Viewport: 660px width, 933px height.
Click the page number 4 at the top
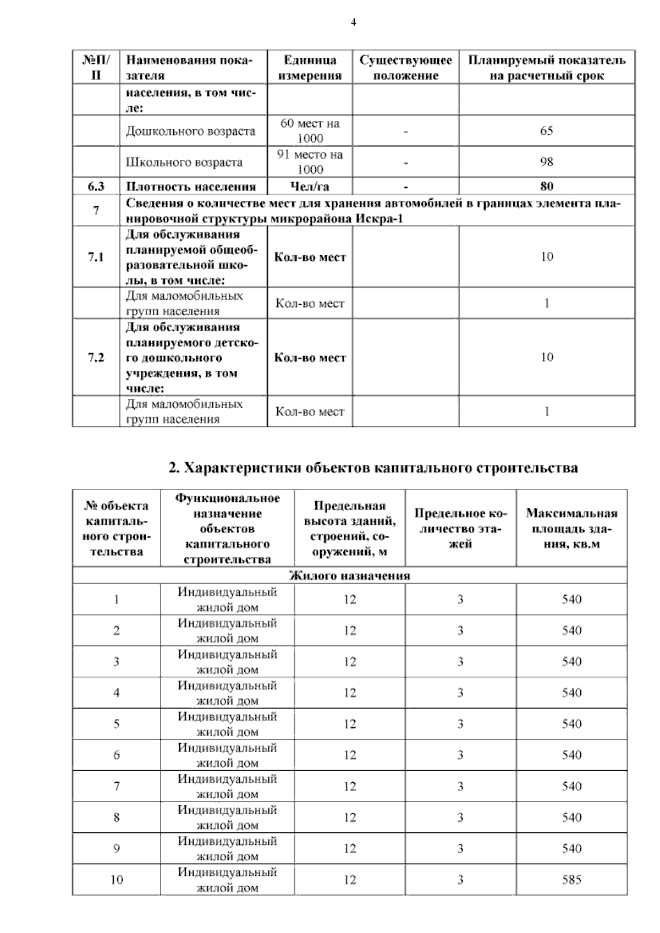tap(353, 23)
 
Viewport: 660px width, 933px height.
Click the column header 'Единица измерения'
tap(310, 68)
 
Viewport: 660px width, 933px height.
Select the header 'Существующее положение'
tap(405, 68)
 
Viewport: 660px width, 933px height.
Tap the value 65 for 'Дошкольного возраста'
tap(546, 131)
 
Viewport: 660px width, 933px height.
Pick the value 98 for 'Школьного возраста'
tap(546, 162)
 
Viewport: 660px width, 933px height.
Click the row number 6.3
tap(96, 186)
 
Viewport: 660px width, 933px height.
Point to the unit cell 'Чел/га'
tap(309, 186)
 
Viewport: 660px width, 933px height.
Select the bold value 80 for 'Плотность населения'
tap(546, 186)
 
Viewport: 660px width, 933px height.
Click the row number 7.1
tap(96, 257)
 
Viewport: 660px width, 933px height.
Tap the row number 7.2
tap(96, 358)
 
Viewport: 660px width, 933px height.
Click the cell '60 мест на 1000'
tap(310, 131)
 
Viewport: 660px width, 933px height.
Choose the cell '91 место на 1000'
tap(310, 162)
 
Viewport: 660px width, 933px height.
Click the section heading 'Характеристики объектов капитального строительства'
tap(373, 468)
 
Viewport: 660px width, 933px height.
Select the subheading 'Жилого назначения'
tap(350, 576)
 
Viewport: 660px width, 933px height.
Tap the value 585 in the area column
tap(571, 880)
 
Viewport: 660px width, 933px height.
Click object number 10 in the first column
tap(117, 880)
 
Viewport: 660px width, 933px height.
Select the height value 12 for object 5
tap(350, 724)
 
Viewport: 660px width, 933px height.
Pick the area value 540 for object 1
tap(571, 600)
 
